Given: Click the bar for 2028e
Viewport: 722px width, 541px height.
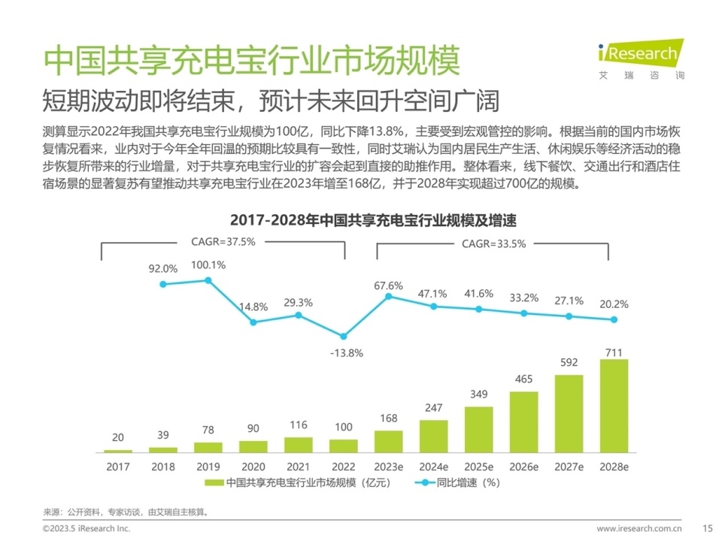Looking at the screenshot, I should [614, 406].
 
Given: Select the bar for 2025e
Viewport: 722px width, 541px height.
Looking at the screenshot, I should [479, 429].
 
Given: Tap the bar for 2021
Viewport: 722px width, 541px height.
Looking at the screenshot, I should [299, 445].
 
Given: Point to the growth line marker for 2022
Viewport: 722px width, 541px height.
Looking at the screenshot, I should [344, 336].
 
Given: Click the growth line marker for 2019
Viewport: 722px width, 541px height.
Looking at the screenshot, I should [208, 280].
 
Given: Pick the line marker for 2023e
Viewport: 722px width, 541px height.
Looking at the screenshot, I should [389, 296].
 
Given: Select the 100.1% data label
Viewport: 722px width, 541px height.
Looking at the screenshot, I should [208, 264].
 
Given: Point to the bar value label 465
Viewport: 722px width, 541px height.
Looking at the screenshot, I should [524, 381].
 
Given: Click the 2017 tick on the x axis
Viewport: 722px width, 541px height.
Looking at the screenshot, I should [118, 467].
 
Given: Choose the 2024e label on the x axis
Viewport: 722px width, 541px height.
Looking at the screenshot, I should [434, 467].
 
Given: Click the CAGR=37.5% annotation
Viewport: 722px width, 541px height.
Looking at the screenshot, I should [223, 242].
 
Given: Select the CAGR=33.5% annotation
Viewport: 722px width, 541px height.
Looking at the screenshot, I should [494, 243].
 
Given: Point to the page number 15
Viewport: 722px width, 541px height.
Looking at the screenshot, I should [706, 528].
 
